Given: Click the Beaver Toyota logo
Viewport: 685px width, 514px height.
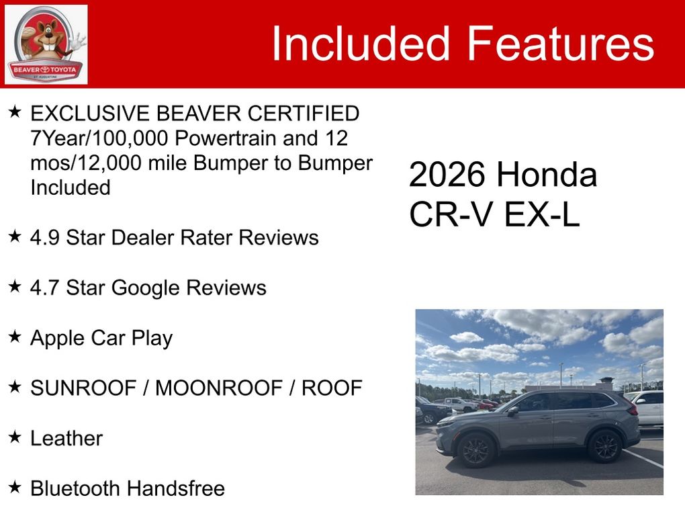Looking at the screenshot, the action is tap(46, 44).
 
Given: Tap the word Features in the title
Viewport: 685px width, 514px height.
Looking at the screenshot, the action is tap(561, 43).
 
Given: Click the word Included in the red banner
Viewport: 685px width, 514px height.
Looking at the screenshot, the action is tap(361, 43).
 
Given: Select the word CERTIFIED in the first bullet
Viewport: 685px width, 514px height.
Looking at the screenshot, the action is tap(303, 114).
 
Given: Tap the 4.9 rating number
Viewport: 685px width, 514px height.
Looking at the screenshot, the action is tap(44, 238).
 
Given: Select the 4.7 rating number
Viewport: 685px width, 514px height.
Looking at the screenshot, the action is tap(44, 288).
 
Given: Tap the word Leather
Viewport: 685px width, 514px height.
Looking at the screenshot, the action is tap(66, 438).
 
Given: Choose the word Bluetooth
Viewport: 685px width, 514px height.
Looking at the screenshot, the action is tap(76, 488).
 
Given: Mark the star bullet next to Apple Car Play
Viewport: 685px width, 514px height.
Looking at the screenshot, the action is tap(15, 336).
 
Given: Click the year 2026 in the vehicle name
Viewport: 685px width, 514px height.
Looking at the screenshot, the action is tap(447, 175).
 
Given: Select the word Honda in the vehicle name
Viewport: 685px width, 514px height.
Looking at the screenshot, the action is tap(547, 175).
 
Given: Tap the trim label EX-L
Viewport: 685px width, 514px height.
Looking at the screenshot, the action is tap(542, 214).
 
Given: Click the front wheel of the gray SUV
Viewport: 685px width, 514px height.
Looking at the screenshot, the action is tap(475, 451).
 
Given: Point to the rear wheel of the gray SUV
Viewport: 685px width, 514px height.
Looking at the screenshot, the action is tap(605, 446).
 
